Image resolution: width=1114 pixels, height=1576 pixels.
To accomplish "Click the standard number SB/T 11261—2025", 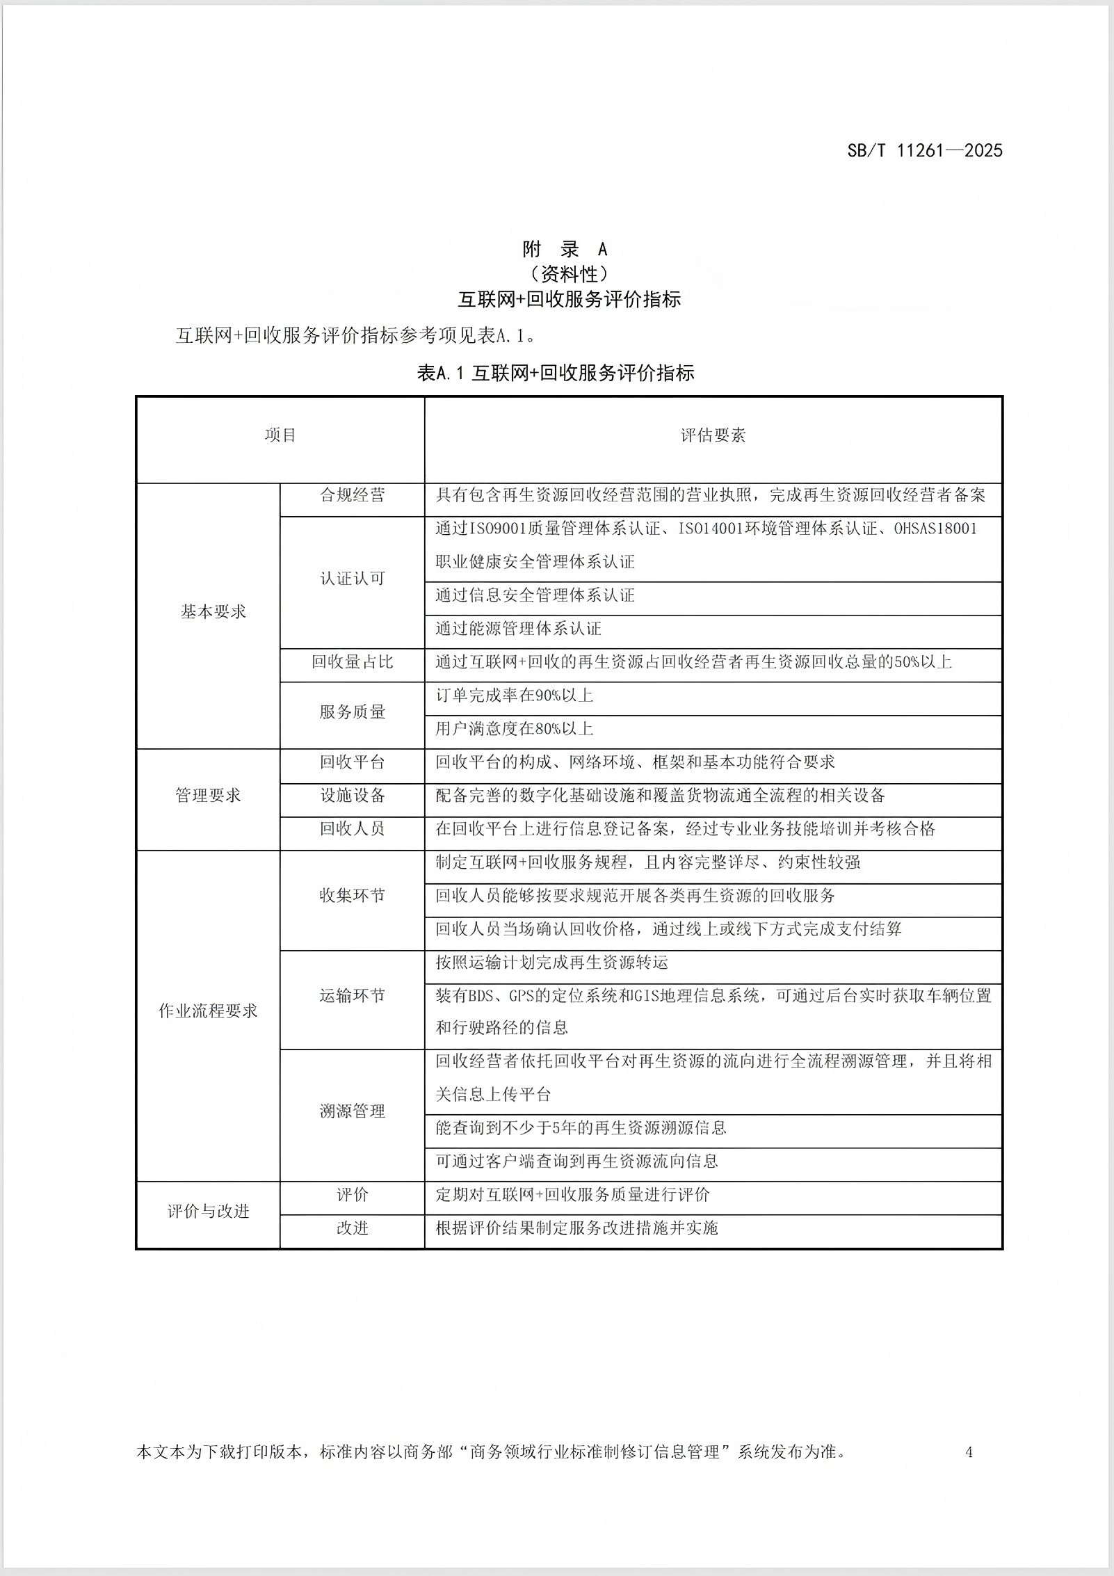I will (x=924, y=150).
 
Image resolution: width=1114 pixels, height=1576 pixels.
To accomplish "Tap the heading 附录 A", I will (x=565, y=249).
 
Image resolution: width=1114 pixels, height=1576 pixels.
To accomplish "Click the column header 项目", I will (x=280, y=435).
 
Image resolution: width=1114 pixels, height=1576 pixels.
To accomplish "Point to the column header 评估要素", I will (x=713, y=435).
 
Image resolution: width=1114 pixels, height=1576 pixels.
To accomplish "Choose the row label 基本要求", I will (x=213, y=612).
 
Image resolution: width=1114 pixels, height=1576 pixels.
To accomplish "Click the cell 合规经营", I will (x=352, y=495).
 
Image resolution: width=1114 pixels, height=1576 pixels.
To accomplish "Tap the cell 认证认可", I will (x=352, y=579).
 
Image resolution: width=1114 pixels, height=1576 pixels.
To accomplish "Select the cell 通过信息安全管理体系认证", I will (x=535, y=595).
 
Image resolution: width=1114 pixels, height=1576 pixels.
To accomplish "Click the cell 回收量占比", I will (x=352, y=662).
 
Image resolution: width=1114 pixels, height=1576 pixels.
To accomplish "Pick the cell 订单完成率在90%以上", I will (x=515, y=695).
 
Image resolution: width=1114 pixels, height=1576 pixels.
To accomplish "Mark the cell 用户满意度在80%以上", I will (x=515, y=729).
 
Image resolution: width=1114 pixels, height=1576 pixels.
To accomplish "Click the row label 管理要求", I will (x=208, y=796).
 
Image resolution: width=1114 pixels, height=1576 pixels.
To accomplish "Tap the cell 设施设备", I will (x=352, y=796).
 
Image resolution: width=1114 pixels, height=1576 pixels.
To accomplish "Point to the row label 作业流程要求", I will (x=208, y=1011).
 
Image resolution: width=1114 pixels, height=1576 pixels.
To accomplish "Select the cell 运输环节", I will (x=352, y=996).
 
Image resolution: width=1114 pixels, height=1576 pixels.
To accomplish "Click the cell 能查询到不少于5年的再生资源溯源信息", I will (x=581, y=1128).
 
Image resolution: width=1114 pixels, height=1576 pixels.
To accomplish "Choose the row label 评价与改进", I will (x=208, y=1212).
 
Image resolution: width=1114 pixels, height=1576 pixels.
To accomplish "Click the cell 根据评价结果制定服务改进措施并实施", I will (x=576, y=1228).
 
